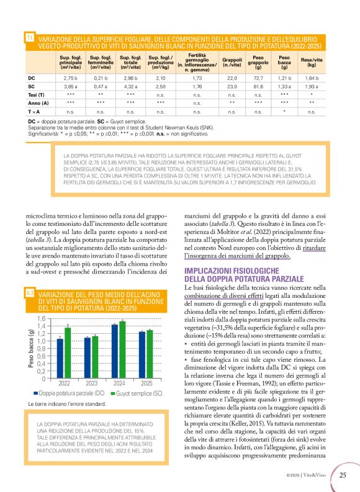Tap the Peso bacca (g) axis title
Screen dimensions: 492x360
[x=30, y=348]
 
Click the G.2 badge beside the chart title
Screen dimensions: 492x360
[x=30, y=293]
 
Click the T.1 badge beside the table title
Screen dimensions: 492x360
[x=30, y=38]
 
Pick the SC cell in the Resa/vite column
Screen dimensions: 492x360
[x=312, y=87]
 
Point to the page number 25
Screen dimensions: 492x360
[x=343, y=476]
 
